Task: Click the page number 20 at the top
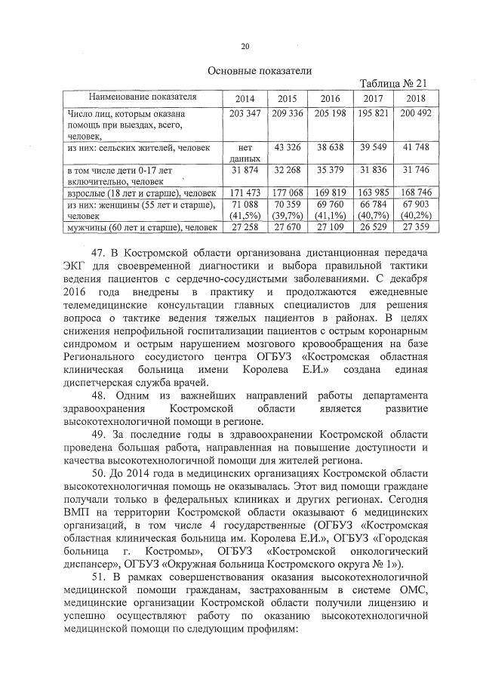click(x=245, y=47)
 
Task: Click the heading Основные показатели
click(x=260, y=70)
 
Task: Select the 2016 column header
click(x=330, y=98)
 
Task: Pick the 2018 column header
click(x=414, y=98)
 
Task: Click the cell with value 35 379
click(x=330, y=173)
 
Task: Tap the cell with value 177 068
click(x=288, y=193)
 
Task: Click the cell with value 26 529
click(x=372, y=226)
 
